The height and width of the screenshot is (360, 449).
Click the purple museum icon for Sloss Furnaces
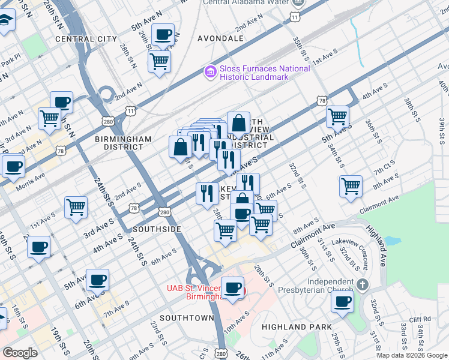point(210,73)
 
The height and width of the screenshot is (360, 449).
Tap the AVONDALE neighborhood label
point(220,38)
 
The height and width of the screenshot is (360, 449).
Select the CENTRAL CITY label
point(86,39)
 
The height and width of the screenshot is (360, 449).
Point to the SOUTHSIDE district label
point(157,229)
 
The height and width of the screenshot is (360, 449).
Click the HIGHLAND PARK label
point(297,326)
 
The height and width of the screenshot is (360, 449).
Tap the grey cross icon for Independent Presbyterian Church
point(362,284)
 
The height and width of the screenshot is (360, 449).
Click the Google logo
point(20,353)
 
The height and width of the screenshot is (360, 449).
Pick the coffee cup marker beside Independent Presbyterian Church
point(342,302)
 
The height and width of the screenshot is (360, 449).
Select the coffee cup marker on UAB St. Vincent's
point(232,287)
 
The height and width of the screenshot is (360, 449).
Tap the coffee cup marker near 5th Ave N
point(163,35)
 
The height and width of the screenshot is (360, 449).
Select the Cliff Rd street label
point(421,319)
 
